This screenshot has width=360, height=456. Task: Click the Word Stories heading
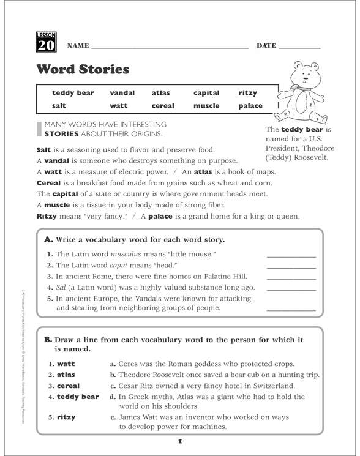(x=83, y=69)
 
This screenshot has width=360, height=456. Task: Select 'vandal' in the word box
(x=122, y=93)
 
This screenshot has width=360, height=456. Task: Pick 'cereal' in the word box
(x=163, y=106)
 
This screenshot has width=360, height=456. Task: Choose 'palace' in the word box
(x=250, y=106)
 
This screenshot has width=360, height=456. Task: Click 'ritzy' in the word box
(x=248, y=93)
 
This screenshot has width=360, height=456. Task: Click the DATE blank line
(x=299, y=47)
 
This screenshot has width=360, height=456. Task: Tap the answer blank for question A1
(x=291, y=255)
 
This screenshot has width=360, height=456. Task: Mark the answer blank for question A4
(x=291, y=288)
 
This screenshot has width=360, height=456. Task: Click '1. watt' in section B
(x=62, y=364)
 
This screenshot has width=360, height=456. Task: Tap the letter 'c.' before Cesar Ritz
(x=113, y=386)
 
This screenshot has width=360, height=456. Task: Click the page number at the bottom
(x=181, y=441)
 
